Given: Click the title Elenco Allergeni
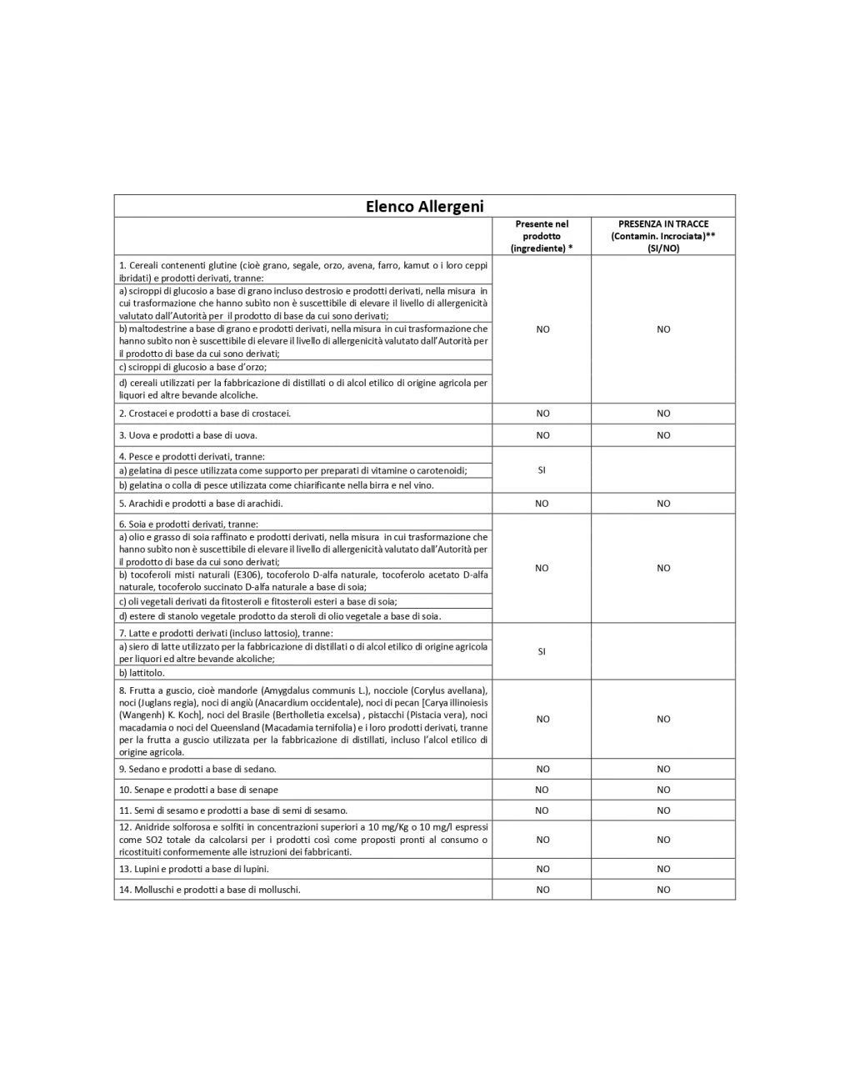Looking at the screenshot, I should (424, 206).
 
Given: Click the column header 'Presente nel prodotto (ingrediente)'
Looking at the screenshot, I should (542, 236).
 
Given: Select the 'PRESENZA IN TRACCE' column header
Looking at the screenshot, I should (663, 236).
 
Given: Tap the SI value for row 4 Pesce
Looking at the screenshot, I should (542, 470).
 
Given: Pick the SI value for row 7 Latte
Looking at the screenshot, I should (542, 651).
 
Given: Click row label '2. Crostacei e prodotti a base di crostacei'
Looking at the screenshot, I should (205, 414).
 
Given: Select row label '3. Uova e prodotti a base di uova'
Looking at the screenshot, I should (188, 435).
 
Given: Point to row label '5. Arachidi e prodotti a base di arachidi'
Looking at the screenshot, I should (201, 504).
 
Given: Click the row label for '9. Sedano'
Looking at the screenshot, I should (197, 769).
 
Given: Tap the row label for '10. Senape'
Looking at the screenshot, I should (198, 790).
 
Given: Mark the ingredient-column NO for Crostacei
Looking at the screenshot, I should (542, 414).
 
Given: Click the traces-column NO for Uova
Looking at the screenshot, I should (663, 435).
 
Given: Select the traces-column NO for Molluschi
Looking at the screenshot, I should (663, 890).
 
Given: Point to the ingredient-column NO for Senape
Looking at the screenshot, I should (542, 790).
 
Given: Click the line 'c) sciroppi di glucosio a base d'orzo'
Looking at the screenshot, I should (192, 367).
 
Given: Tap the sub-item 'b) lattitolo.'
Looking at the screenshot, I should (142, 673).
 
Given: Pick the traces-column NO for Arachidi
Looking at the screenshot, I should (663, 504).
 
